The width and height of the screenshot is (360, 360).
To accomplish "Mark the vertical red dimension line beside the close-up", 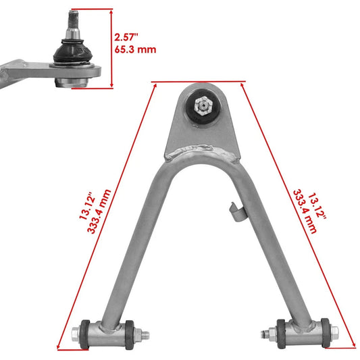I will [x=112, y=48].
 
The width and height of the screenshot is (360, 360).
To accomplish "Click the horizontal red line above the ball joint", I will [x=199, y=82].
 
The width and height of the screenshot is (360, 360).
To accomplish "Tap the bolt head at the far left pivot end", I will [x=74, y=332].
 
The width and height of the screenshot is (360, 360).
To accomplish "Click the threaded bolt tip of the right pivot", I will [x=265, y=332].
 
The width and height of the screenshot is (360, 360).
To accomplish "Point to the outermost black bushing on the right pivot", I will [x=326, y=332].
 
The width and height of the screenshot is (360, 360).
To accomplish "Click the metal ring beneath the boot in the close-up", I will [x=71, y=82].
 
